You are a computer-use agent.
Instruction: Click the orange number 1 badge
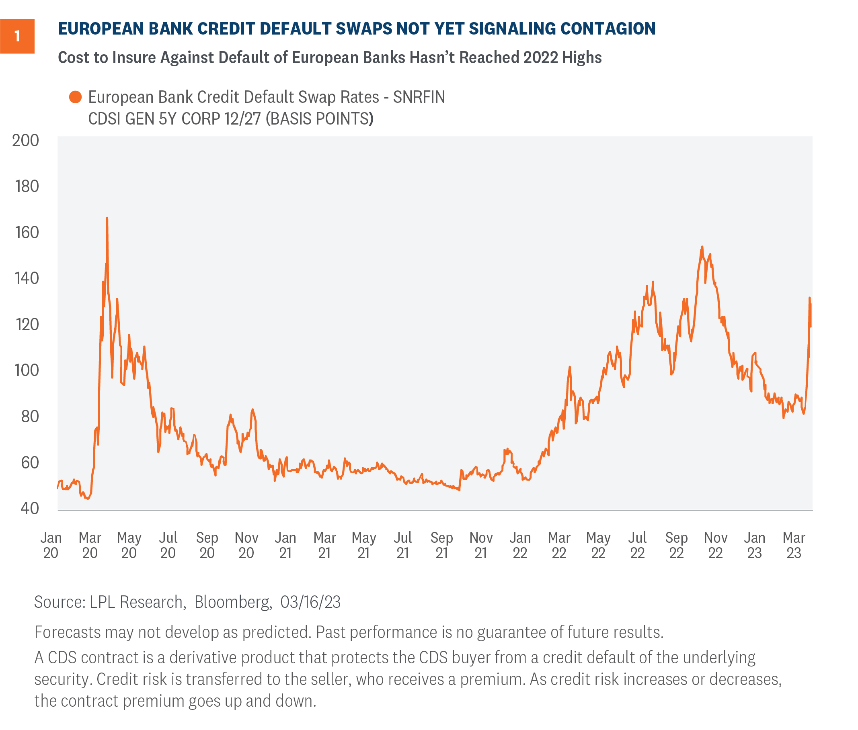pyautogui.click(x=17, y=37)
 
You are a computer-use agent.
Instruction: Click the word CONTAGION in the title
pyautogui.click(x=608, y=29)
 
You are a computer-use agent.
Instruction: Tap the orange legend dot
pyautogui.click(x=75, y=97)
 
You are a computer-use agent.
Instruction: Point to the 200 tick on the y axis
pyautogui.click(x=25, y=141)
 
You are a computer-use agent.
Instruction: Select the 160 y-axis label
pyautogui.click(x=27, y=233)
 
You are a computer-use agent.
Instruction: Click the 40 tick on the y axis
pyautogui.click(x=29, y=508)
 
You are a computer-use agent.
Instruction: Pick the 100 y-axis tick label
pyautogui.click(x=27, y=370)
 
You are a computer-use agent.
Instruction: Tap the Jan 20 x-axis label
pyautogui.click(x=51, y=545)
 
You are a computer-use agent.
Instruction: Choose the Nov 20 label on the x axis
pyautogui.click(x=246, y=545)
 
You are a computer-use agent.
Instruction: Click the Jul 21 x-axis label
pyautogui.click(x=403, y=545)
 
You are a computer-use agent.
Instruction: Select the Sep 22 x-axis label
pyautogui.click(x=676, y=545)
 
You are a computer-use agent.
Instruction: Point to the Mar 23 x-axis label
pyautogui.click(x=794, y=545)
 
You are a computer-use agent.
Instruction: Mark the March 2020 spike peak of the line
pyautogui.click(x=107, y=218)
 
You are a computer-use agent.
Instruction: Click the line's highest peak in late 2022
pyautogui.click(x=702, y=247)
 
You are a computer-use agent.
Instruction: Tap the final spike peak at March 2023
pyautogui.click(x=809, y=298)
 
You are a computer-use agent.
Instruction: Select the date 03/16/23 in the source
pyautogui.click(x=310, y=602)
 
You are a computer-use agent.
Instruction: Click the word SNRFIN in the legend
pyautogui.click(x=419, y=97)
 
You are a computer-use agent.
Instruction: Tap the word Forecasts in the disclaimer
pyautogui.click(x=68, y=632)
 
